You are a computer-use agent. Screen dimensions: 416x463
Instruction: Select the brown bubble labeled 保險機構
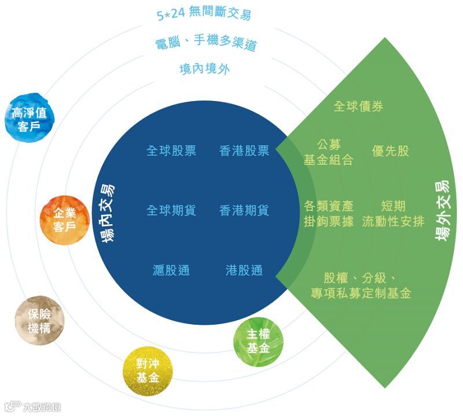[x=39, y=320]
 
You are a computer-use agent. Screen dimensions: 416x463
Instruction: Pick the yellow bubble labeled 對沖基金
[x=148, y=370]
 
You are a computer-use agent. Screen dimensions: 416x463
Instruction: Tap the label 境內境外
[x=205, y=69]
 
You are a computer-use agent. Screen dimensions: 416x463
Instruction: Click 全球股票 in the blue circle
[x=171, y=151]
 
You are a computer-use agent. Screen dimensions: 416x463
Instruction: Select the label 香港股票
[x=244, y=151]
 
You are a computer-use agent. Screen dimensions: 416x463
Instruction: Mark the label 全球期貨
[x=171, y=210]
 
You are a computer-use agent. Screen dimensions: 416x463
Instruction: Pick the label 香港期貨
[x=244, y=210]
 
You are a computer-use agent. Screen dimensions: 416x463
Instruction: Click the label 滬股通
[x=171, y=270]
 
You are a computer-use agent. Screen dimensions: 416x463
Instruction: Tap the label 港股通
[x=244, y=270]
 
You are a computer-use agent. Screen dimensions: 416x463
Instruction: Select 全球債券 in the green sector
[x=358, y=106]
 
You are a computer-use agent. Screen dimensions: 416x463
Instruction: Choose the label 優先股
[x=391, y=151]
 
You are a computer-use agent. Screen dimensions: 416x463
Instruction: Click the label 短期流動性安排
[x=393, y=213]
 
